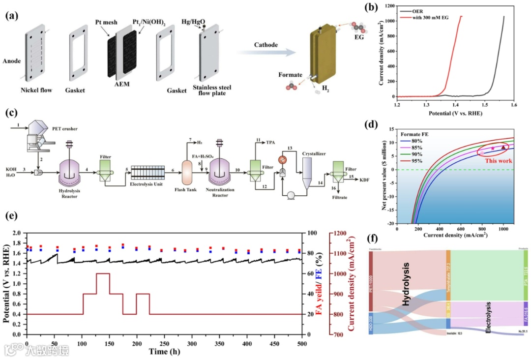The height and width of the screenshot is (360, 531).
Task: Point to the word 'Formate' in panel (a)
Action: [291, 75]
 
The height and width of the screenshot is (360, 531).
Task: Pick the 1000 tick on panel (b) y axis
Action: [388, 22]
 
